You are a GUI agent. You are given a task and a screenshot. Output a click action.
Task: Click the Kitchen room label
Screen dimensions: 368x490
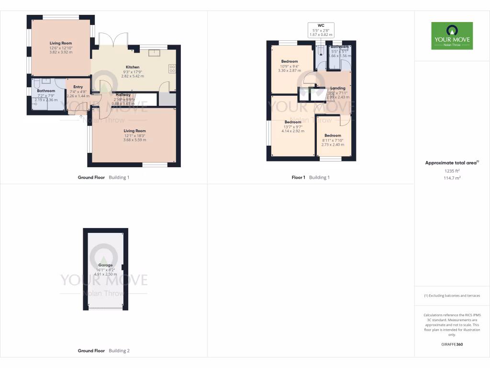133,67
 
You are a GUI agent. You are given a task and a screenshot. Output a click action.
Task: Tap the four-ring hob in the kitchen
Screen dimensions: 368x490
172,69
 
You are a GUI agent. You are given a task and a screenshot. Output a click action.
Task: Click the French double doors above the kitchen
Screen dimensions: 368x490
113,41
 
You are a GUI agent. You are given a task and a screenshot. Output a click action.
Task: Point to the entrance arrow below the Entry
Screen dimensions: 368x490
81,116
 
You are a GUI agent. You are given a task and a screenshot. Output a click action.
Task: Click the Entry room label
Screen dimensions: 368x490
78,87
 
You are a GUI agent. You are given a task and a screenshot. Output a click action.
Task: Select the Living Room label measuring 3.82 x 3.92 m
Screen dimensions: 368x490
61,43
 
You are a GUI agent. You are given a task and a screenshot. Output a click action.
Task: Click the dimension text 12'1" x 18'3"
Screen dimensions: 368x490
134,136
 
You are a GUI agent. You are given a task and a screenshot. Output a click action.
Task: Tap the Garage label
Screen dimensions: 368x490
105,265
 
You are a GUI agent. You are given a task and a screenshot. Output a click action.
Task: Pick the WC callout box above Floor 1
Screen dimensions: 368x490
321,30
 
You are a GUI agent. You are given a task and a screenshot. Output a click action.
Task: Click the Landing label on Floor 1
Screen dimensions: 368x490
338,88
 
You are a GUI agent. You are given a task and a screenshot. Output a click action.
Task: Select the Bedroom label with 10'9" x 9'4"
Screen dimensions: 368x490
290,61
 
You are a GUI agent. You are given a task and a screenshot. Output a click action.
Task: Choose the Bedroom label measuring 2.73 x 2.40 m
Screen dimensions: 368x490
333,136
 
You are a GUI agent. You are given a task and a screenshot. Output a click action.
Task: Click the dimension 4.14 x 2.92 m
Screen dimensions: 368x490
293,131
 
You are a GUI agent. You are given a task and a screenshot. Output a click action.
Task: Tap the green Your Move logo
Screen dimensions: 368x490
452,35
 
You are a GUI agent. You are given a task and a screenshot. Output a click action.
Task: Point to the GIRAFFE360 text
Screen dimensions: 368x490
452,345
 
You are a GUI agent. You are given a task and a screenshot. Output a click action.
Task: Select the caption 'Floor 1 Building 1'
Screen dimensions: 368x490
311,177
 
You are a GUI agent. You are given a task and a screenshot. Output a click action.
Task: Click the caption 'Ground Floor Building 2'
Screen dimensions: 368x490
103,351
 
